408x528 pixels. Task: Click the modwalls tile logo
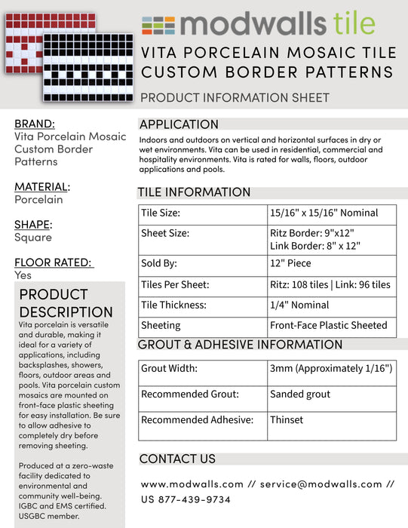point(258,25)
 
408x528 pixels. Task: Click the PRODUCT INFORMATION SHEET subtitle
point(235,97)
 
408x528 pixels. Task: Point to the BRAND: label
point(35,124)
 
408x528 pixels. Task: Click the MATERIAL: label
point(42,186)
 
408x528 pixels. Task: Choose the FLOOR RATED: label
point(53,262)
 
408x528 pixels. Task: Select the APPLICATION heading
point(179,124)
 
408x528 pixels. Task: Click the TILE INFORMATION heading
point(194,192)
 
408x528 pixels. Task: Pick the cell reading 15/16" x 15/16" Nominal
point(324,213)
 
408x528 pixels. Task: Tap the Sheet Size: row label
point(165,233)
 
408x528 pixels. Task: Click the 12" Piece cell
point(290,264)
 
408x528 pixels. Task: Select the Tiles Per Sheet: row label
point(175,285)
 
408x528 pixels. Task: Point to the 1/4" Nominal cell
point(299,305)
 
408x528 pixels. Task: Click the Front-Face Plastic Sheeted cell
point(328,326)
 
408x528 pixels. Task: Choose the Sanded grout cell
point(300,394)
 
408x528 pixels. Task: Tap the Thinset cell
point(287,420)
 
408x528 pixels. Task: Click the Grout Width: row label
point(169,370)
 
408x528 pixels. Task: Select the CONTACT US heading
point(177,459)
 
